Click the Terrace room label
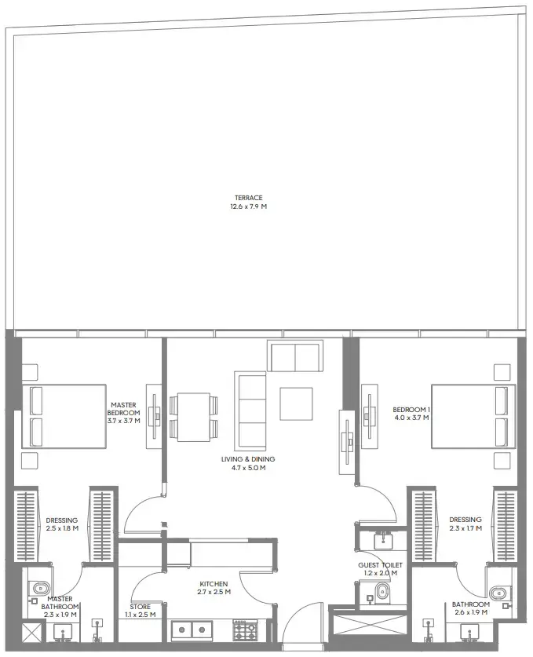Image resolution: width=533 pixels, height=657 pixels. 248,198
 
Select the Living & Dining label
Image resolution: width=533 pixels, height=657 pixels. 247,458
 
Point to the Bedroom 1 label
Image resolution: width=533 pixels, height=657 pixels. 411,409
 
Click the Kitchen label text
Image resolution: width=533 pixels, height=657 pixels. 213,584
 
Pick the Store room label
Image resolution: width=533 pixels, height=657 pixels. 141,607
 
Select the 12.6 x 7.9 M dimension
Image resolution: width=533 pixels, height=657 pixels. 248,207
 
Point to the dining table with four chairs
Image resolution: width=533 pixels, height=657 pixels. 193,416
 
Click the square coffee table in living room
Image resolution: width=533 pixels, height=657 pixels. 296,404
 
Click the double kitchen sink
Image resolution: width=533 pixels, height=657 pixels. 192,630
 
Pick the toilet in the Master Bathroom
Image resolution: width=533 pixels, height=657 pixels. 41,589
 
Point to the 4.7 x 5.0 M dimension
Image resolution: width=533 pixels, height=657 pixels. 247,468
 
